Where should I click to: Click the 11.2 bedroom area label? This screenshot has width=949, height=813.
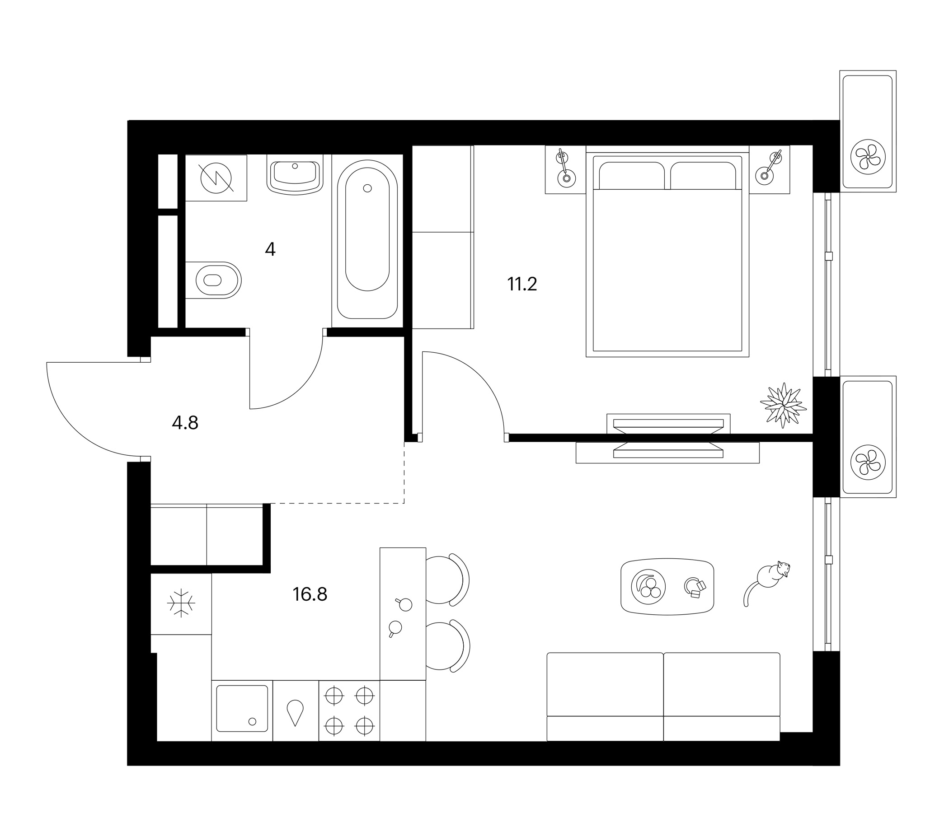[521, 284]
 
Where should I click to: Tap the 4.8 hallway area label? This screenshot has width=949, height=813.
[185, 423]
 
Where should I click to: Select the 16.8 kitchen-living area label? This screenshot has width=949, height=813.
[310, 594]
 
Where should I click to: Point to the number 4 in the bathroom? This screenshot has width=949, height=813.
[270, 249]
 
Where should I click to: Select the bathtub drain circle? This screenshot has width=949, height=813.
[367, 188]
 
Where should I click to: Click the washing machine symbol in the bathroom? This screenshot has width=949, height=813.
[216, 178]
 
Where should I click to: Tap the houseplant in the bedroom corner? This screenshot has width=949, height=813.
[783, 405]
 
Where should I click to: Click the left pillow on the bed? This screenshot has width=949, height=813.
[632, 175]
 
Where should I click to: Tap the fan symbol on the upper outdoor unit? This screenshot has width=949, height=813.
[868, 157]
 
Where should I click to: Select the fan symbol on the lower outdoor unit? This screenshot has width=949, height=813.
[868, 463]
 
